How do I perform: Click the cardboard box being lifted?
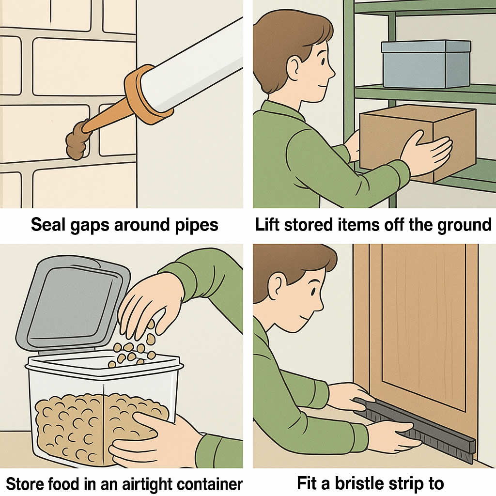point(418,142)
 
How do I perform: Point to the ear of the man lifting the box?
point(293,67)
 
